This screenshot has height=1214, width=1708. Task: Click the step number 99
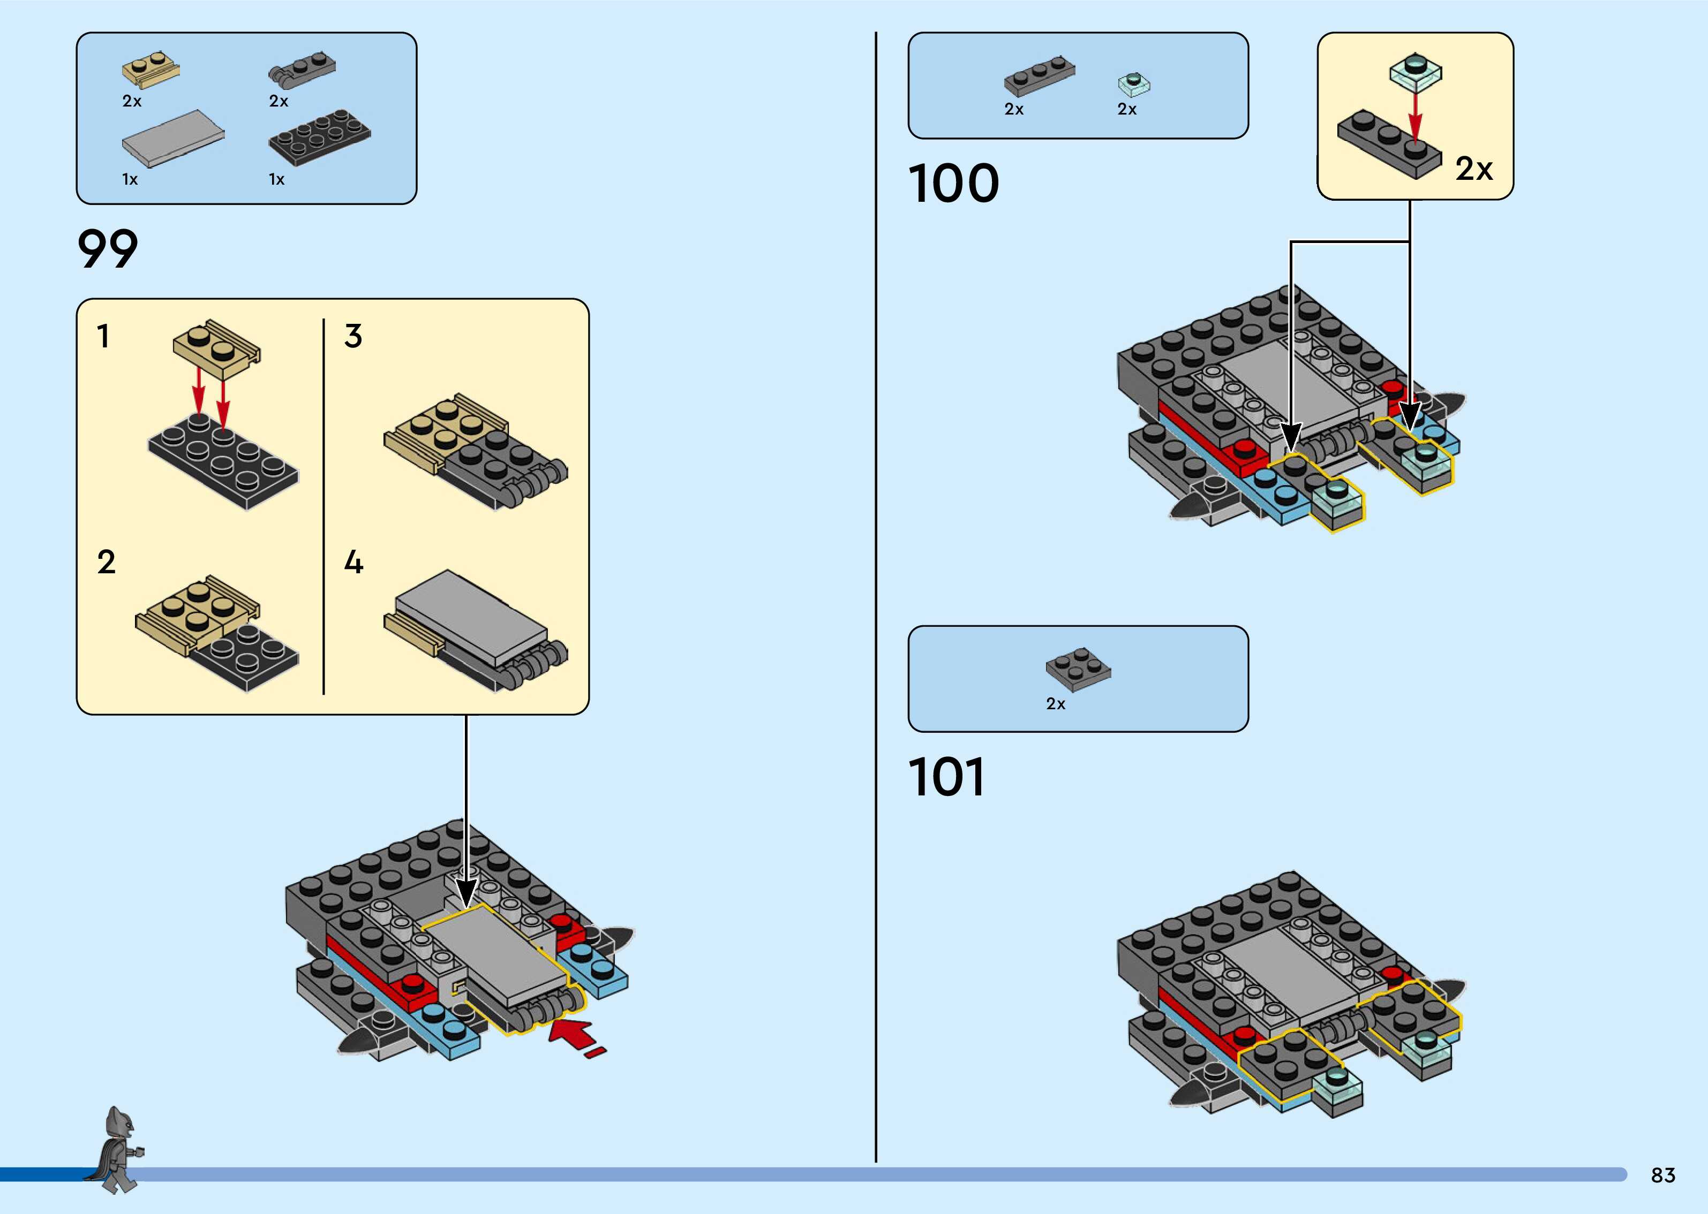point(108,249)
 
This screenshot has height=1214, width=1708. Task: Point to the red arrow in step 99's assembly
point(577,1037)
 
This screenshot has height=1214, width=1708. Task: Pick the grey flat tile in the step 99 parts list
point(174,138)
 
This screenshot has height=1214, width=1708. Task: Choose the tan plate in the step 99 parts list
point(152,69)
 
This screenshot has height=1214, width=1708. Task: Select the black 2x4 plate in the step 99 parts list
point(319,137)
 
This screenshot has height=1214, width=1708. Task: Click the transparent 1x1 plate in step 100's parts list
point(1134,85)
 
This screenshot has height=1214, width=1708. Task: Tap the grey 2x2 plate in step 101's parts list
point(1078,669)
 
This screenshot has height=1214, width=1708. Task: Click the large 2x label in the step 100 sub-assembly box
point(1474,169)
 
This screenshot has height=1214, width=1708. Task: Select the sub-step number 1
point(103,336)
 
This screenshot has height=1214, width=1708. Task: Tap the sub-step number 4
point(353,562)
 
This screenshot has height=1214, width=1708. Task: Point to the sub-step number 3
point(353,336)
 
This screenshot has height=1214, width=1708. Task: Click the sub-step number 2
point(106,562)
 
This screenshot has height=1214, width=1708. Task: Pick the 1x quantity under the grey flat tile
point(130,179)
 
